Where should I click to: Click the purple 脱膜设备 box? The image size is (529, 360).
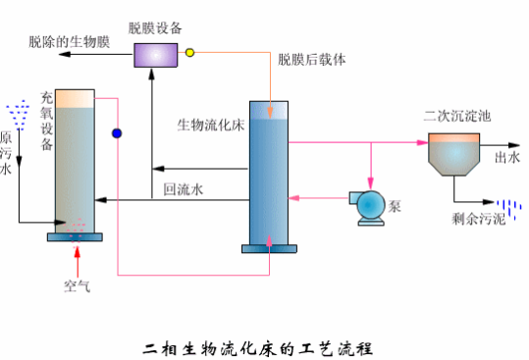pos(155,55)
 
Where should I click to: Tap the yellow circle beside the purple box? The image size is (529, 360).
pos(190,53)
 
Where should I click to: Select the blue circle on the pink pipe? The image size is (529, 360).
pos(117,133)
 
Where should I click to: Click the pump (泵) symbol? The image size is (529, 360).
pos(368,207)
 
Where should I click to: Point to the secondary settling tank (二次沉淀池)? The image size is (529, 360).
pos(453,154)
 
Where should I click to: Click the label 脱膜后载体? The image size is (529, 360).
pos(312,60)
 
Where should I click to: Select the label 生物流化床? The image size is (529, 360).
pos(211,125)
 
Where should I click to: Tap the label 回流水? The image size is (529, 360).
pos(184,189)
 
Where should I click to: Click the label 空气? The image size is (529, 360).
pos(78,286)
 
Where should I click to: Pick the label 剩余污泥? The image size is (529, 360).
pos(478,219)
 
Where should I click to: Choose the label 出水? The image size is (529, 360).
pos(507,157)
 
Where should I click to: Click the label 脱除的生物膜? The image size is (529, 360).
pos(69,42)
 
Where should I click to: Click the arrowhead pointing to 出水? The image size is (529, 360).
pos(514,145)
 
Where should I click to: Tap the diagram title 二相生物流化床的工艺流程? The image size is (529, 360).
pos(258,349)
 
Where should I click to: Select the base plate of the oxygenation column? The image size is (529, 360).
pos(75,237)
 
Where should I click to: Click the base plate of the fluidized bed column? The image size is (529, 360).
pos(269,249)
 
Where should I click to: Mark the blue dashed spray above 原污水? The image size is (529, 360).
pos(18,115)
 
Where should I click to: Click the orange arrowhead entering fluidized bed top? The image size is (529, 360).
pos(270,113)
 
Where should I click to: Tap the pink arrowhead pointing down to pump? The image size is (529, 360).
pos(371,184)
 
